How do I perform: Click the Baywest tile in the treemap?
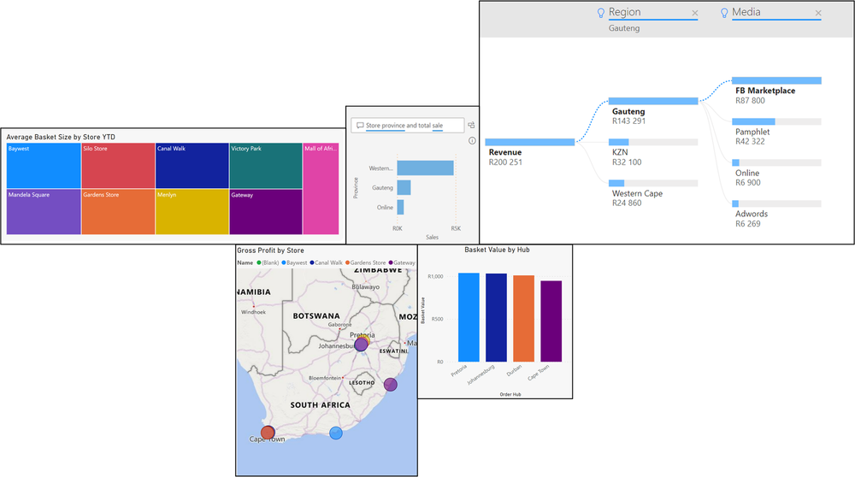point(43,165)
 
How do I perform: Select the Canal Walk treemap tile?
point(192,165)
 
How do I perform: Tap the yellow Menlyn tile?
point(192,211)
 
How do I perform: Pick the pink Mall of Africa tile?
point(321,188)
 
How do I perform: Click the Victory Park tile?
point(265,165)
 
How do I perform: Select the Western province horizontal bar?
point(425,168)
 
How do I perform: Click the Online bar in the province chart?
point(400,207)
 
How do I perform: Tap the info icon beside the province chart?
point(472,140)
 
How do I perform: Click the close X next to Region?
point(695,13)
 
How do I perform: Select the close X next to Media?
point(818,13)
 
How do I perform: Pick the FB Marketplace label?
point(764,91)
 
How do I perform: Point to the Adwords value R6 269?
point(751,224)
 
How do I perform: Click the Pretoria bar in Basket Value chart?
point(469,316)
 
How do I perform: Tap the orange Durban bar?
point(523,318)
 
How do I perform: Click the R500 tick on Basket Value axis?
point(438,320)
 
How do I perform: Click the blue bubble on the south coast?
point(336,433)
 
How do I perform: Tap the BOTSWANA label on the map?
point(316,315)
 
